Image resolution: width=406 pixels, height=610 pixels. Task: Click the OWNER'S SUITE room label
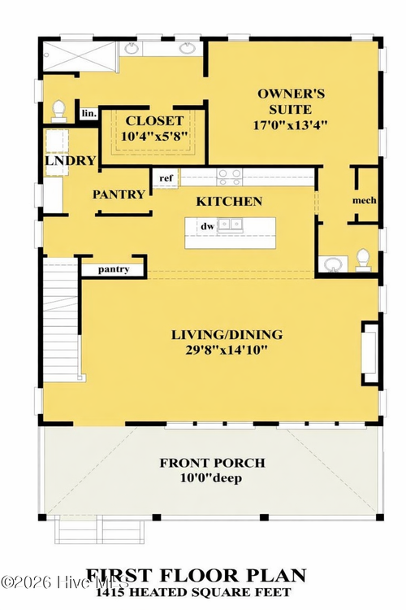click(x=291, y=94)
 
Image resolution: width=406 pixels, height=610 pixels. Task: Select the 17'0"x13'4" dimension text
click(x=291, y=125)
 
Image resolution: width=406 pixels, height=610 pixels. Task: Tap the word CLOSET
click(x=153, y=121)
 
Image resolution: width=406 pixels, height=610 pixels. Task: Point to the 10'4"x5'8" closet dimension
click(x=153, y=137)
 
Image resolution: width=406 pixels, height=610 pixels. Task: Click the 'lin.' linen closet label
click(x=89, y=114)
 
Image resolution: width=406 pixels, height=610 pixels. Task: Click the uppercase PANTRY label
click(x=119, y=194)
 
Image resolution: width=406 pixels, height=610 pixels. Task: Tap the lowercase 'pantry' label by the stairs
click(x=114, y=268)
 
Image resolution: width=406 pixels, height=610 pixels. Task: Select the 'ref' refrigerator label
click(x=166, y=177)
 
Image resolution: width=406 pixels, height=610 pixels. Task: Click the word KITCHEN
click(x=230, y=201)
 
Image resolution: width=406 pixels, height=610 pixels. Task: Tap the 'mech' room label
click(x=364, y=200)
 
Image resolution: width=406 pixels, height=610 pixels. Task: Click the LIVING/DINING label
click(x=227, y=334)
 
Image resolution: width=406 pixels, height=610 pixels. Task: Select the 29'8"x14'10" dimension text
click(x=227, y=350)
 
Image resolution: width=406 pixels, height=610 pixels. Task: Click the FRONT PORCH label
click(x=212, y=463)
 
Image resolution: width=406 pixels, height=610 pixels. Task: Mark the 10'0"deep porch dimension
click(x=212, y=478)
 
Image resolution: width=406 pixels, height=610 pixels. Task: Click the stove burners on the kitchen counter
click(x=229, y=173)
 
